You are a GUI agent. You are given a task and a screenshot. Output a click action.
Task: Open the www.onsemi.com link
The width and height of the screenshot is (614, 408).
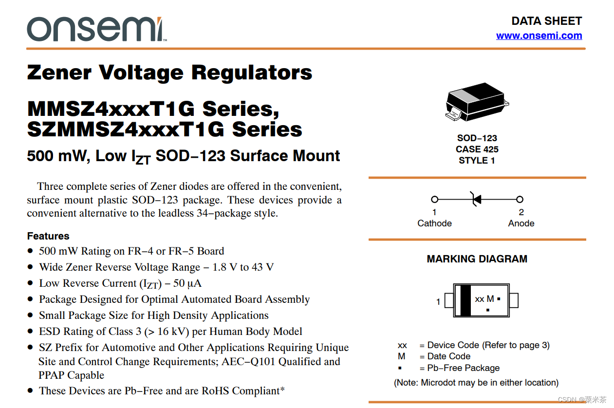(539, 36)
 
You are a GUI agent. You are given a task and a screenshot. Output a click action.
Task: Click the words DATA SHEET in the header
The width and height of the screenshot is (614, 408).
(546, 21)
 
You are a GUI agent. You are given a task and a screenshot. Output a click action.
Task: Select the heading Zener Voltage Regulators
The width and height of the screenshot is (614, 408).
(169, 73)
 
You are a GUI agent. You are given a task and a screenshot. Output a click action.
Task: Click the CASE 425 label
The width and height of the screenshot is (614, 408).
(477, 149)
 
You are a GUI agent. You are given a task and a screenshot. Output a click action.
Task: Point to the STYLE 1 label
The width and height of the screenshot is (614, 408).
(477, 160)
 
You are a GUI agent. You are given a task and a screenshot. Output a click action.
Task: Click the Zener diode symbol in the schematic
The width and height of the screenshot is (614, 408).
(476, 199)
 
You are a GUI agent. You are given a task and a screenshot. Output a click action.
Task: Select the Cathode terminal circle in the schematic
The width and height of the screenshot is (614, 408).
(435, 199)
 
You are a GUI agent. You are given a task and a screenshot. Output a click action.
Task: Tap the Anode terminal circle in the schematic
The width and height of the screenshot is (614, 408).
(520, 199)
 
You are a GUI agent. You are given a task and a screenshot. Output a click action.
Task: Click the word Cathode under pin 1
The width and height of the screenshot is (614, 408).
(434, 223)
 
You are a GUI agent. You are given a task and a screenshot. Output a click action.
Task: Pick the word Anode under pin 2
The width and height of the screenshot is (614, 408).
(521, 223)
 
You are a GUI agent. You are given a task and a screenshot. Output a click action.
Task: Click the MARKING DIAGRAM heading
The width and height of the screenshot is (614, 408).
(477, 259)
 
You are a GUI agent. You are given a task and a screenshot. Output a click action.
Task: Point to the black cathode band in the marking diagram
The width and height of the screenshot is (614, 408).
(465, 300)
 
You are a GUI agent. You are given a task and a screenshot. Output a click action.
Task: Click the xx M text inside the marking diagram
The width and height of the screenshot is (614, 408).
(484, 299)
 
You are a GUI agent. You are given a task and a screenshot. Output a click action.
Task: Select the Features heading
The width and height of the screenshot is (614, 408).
(48, 236)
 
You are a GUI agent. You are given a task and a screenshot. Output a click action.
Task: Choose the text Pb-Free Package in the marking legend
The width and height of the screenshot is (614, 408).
(463, 368)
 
